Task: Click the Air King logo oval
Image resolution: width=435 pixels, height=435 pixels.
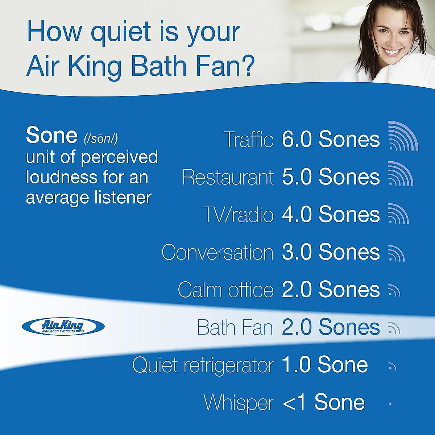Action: (63, 326)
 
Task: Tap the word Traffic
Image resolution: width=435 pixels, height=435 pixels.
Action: (249, 140)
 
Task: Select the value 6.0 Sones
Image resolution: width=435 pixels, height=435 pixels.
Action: (331, 140)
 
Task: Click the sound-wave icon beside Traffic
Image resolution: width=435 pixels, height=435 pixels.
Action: (402, 137)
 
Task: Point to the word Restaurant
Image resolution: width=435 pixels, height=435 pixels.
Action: (228, 177)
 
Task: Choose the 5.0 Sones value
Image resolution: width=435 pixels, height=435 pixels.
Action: (331, 177)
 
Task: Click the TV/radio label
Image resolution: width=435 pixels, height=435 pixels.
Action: (238, 215)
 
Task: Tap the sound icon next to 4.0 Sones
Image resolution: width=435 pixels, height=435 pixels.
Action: (398, 214)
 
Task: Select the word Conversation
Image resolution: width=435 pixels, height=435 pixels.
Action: (217, 252)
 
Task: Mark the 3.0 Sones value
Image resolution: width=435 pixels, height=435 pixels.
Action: (331, 252)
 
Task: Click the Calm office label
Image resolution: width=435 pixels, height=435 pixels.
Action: (225, 290)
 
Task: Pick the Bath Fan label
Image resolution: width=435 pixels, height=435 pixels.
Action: (235, 328)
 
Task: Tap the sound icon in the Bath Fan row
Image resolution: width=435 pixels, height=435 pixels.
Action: (394, 328)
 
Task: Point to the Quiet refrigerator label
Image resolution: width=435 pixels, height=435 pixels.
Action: (203, 365)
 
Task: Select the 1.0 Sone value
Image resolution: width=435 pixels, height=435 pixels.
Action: (324, 365)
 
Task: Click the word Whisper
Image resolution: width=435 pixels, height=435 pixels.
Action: (239, 403)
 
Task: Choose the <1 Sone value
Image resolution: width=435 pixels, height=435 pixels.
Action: (323, 403)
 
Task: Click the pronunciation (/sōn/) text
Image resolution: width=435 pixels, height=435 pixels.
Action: (101, 138)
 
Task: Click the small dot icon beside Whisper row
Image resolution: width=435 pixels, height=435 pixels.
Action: (390, 403)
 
